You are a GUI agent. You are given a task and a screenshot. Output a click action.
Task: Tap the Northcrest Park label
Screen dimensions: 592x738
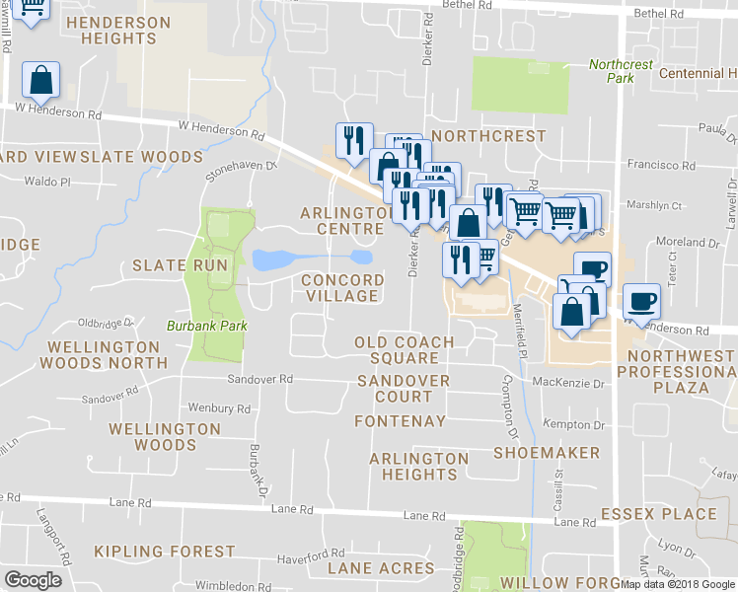click(621, 71)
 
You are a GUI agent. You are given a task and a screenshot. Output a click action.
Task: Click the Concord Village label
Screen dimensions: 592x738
click(340, 287)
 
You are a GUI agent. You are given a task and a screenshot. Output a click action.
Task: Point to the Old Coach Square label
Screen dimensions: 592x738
click(405, 350)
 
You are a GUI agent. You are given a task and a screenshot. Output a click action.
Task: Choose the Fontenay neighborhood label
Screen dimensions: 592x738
click(393, 421)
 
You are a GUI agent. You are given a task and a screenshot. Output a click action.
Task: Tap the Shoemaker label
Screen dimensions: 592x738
click(546, 453)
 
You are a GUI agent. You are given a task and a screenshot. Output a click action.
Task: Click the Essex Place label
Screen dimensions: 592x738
click(658, 514)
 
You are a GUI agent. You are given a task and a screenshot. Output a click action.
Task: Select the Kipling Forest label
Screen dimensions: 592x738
click(164, 552)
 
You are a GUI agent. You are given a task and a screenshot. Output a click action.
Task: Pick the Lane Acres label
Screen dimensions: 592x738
click(380, 568)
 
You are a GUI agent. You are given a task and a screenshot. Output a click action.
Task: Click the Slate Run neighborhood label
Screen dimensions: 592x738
click(180, 265)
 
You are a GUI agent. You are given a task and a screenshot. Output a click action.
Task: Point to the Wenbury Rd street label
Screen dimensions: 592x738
click(218, 407)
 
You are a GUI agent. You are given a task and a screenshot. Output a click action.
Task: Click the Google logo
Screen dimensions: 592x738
click(34, 580)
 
